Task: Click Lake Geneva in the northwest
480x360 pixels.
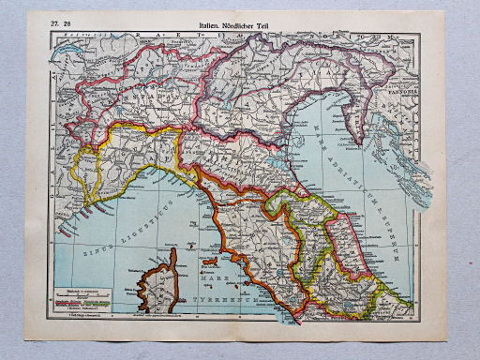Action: coord(67,73)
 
